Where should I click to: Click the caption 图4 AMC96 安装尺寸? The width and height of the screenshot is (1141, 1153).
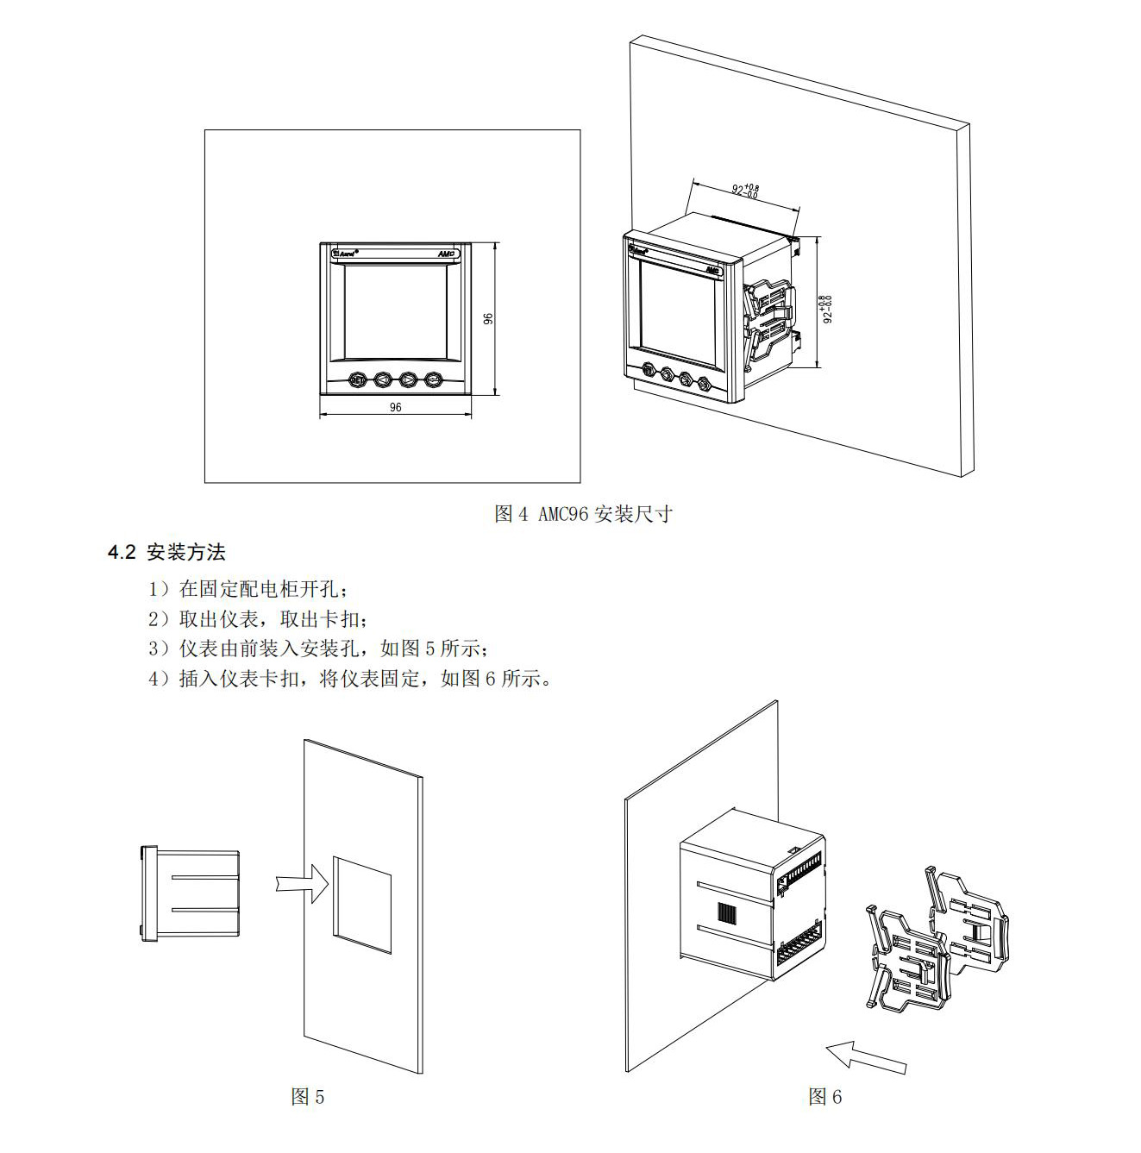tap(583, 514)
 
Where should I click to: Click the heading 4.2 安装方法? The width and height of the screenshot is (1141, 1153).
tap(166, 552)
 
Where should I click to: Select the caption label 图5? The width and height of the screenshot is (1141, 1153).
tap(308, 1096)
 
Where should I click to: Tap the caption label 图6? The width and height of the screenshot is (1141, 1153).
tap(824, 1096)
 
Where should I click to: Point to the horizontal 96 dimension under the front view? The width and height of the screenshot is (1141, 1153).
tap(395, 407)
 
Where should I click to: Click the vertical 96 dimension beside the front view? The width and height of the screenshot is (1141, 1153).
tap(488, 319)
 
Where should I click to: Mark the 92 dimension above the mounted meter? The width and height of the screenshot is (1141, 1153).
tap(746, 189)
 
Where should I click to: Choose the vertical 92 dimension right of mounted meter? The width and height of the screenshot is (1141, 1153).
tap(826, 309)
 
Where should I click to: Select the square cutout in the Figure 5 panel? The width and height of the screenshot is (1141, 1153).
tap(362, 905)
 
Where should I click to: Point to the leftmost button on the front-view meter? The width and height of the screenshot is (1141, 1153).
tap(356, 379)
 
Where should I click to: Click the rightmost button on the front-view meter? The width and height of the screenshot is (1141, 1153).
tap(433, 379)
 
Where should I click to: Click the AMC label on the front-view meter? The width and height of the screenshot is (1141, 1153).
tap(446, 254)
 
